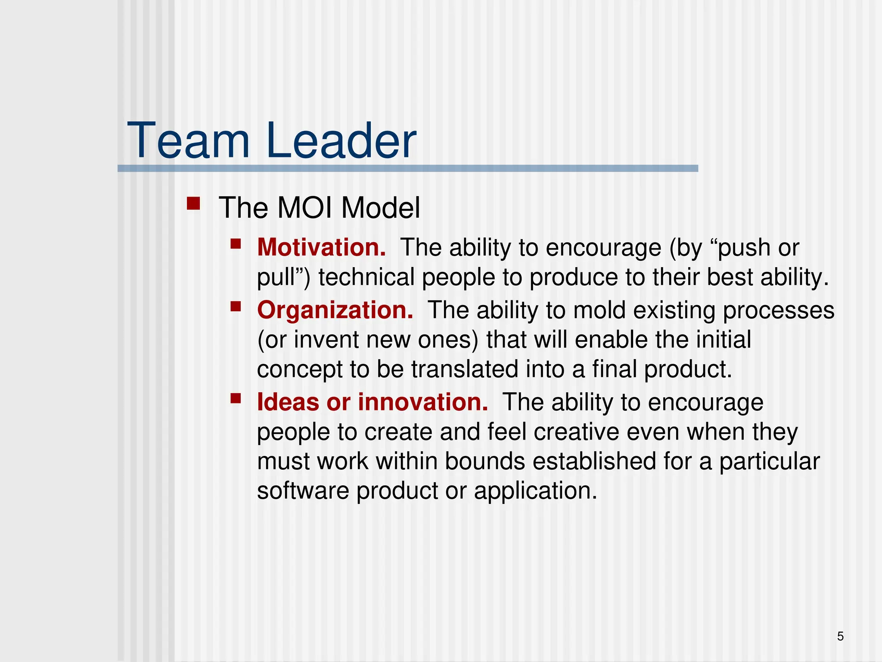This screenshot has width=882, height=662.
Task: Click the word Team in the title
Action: pos(189,141)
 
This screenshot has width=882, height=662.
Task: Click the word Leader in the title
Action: pos(341,141)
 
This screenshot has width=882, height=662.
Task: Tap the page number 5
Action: pos(840,636)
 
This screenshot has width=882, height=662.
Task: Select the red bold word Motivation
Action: pos(321,248)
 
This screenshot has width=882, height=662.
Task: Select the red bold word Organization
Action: pos(335,310)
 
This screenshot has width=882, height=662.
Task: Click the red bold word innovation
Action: pos(423,402)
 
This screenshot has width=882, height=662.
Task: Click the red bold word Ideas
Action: pos(288,402)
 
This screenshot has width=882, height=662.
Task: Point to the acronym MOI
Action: pos(304,208)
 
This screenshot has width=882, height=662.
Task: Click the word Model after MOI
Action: pos(380,208)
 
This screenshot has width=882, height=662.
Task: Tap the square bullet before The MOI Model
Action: pos(193,203)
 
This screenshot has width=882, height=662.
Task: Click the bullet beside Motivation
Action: pos(236,244)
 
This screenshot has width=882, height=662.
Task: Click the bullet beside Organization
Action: pos(236,306)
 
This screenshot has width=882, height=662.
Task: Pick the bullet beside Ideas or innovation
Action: pos(236,398)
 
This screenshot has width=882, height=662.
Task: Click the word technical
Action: pos(366,277)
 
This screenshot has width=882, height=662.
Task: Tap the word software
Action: pos(303,491)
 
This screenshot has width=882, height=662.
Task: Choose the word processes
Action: pos(778,311)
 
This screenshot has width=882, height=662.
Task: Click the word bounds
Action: pos(484,461)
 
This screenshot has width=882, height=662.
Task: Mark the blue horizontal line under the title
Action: pos(407,169)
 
